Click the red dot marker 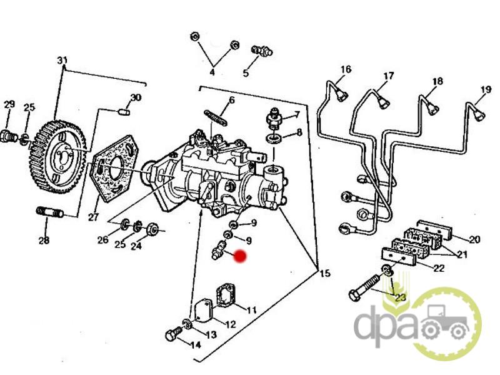[240, 256]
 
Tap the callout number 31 [62, 60]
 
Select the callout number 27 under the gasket [93, 217]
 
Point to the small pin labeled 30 [124, 112]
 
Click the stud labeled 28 [50, 211]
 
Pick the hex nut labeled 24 [152, 228]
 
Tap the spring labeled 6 [216, 117]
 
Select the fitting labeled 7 [274, 119]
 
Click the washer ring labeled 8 [274, 139]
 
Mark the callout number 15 [325, 273]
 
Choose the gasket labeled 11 [226, 294]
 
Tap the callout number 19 [486, 89]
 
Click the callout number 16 [346, 69]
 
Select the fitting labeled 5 [262, 51]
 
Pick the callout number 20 [474, 239]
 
